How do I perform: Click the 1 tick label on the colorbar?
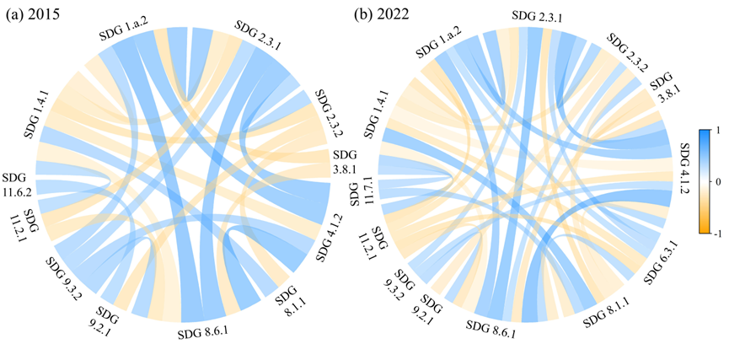(x=718, y=131)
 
